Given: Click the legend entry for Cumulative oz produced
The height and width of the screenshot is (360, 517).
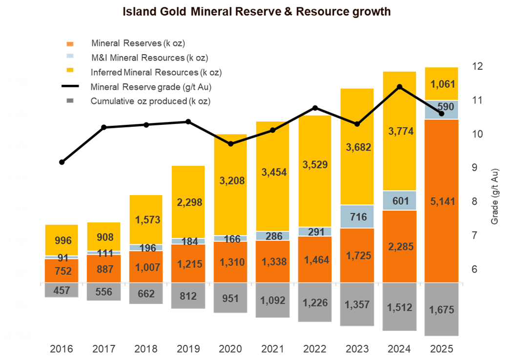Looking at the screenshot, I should coord(150,101).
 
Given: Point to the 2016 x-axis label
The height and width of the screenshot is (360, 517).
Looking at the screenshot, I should coord(62,349).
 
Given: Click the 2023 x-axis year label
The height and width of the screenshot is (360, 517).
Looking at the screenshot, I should coord(357,349).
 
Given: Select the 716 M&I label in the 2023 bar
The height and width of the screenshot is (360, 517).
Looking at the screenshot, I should coord(357,217).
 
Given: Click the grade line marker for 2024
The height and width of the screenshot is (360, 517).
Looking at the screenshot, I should coord(399,87).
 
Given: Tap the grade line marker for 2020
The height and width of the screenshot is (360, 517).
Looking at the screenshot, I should coord(230,143).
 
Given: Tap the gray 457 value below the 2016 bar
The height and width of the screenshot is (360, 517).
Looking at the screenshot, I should coord(62,290).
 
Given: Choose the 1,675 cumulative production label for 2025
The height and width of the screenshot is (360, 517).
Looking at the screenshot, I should coord(441,309).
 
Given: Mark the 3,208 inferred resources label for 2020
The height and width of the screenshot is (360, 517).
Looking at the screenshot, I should coord(230,181).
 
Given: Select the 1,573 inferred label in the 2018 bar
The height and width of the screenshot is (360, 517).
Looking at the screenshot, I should coord(146,220).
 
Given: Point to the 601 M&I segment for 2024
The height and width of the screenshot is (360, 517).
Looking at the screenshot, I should coord(399,200).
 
